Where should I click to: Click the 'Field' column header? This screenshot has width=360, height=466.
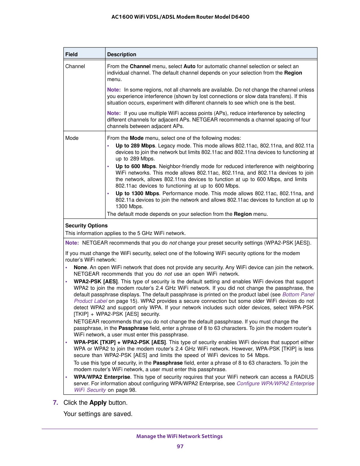tap(71, 54)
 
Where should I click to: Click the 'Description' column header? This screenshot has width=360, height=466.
tap(121, 54)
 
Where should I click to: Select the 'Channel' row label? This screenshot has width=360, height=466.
tap(75, 66)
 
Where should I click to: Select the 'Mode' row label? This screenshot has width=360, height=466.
tap(72, 138)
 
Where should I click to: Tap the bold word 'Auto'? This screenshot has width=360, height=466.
tap(189, 66)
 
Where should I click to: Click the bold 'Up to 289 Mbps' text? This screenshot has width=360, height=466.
tap(135, 146)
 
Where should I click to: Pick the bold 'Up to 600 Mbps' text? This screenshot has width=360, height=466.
tap(136, 166)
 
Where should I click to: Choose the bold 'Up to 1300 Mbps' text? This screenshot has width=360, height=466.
tap(137, 193)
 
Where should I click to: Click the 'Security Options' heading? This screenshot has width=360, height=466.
tap(86, 226)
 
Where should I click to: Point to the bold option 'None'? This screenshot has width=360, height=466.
tap(80, 267)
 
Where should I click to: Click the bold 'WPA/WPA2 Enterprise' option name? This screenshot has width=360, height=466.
tap(102, 377)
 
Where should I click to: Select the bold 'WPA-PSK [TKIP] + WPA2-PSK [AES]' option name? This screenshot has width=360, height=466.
tap(120, 342)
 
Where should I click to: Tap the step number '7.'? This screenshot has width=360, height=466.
tap(56, 403)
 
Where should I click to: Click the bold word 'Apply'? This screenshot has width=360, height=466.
tap(98, 403)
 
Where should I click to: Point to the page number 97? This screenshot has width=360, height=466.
tap(180, 447)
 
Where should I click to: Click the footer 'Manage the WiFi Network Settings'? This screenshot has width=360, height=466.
tap(180, 436)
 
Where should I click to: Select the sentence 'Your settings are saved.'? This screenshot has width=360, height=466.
tap(98, 414)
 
